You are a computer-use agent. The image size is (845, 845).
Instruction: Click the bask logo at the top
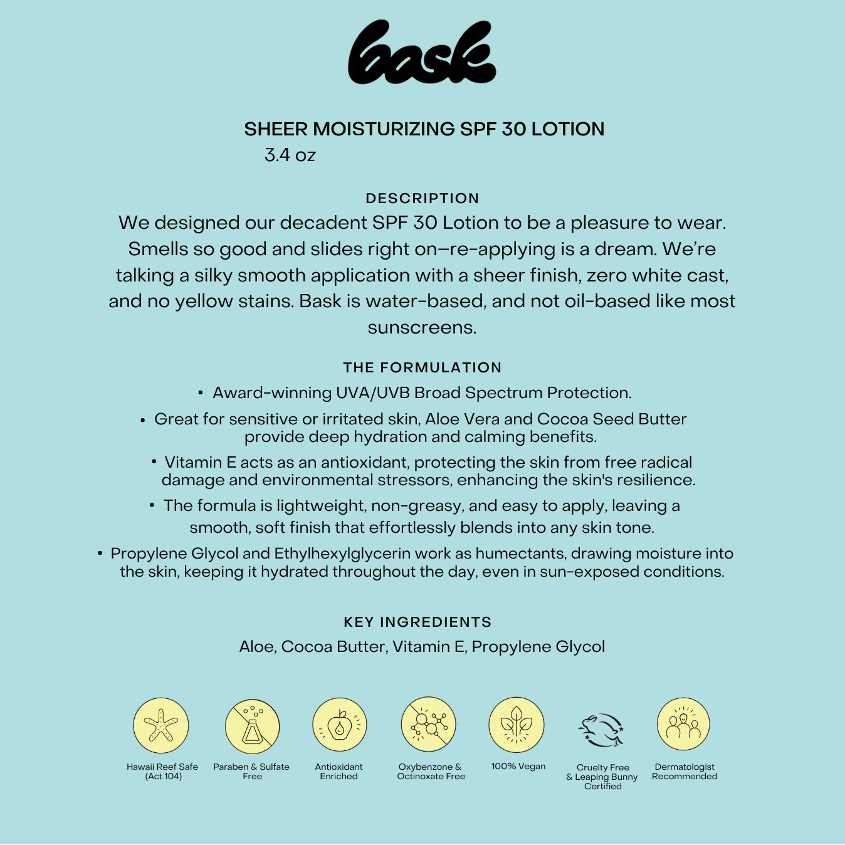pos(422,53)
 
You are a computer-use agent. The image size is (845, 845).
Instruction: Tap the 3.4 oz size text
pos(290,155)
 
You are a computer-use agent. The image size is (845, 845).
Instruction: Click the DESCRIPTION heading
pos(422,198)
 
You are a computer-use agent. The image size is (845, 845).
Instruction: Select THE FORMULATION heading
pos(422,367)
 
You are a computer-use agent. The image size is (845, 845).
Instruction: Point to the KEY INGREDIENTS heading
pos(417,622)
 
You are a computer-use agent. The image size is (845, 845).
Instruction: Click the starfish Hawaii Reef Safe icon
pos(161,725)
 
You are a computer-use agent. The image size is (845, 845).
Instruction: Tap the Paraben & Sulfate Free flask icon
pos(252,727)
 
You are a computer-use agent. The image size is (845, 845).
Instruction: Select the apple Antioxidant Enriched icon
pos(339,725)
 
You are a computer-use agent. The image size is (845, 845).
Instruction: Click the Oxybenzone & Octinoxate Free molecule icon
pos(428,725)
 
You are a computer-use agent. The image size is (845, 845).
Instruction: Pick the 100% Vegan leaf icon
pos(517,725)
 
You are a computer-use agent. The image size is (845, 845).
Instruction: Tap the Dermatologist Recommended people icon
pos(683,724)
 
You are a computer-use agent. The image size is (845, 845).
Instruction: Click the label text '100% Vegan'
pos(518,767)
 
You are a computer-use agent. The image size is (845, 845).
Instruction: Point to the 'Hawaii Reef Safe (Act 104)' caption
pos(162,772)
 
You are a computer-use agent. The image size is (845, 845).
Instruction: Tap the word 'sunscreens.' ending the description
pos(422,328)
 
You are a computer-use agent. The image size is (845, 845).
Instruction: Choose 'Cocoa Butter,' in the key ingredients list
pos(334,647)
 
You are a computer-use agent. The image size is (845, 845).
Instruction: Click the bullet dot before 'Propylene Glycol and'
pos(100,554)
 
